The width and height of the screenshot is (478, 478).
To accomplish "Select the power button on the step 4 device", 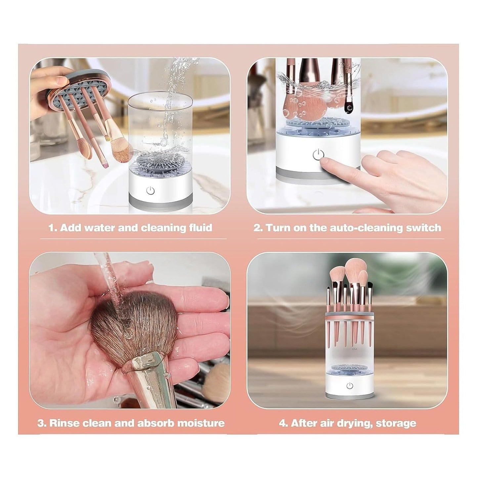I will click(350, 386).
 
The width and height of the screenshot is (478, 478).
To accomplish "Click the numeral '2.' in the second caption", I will click(258, 228).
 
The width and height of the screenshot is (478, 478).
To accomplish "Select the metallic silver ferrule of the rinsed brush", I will click(149, 374).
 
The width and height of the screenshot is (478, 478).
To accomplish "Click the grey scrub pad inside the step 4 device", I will click(349, 368).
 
